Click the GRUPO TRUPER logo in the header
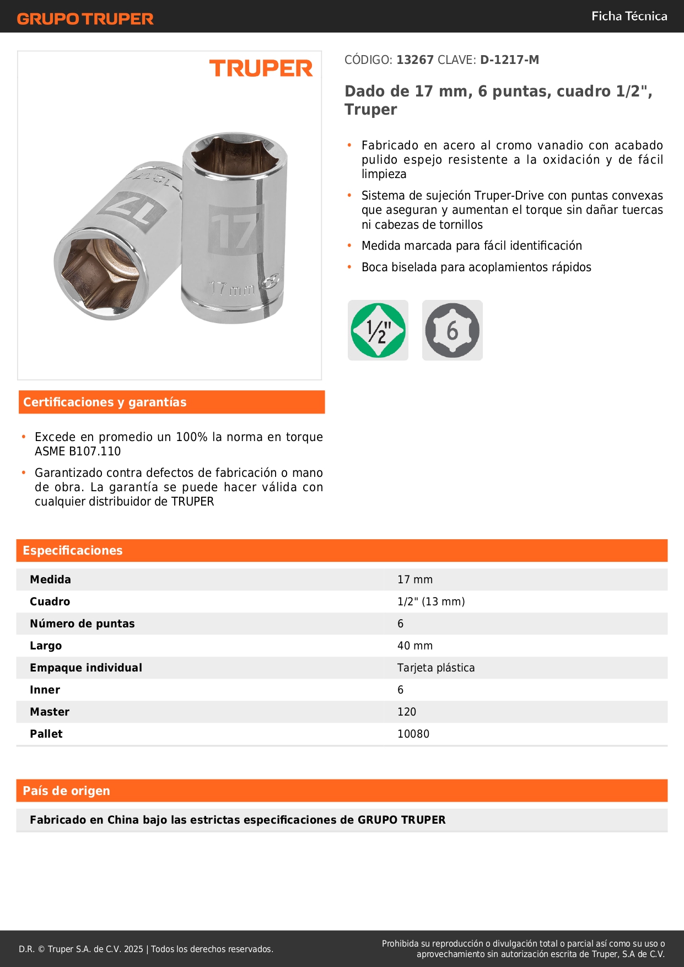point(85,19)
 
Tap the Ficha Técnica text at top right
point(629,17)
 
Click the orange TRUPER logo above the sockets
point(261,68)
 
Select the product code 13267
point(415,60)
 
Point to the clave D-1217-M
point(509,60)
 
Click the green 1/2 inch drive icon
point(378,330)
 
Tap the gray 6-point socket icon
point(453,330)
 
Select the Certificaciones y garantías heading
point(105,402)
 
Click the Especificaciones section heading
point(73,551)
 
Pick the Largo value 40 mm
point(415,646)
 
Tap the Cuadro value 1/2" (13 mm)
point(431,601)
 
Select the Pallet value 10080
point(413,734)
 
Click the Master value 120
point(407,712)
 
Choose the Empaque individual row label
point(86,668)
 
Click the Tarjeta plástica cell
point(436,668)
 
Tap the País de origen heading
point(67,791)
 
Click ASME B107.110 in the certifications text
point(78,452)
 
